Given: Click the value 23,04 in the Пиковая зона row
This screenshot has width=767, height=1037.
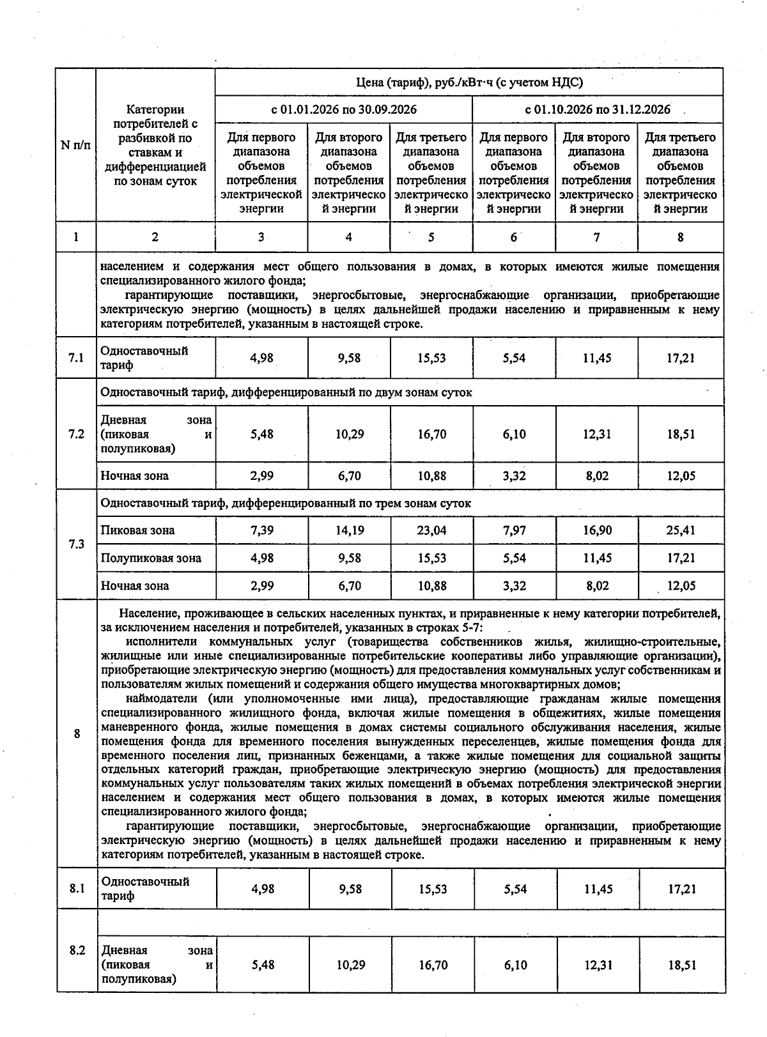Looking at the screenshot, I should [x=431, y=530].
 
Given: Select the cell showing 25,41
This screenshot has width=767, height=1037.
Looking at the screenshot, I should [x=680, y=530].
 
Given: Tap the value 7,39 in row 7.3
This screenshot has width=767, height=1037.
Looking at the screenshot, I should [x=261, y=530].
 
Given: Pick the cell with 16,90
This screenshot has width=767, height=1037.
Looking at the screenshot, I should [x=597, y=530].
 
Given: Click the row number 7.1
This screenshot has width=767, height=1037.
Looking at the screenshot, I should [x=76, y=358].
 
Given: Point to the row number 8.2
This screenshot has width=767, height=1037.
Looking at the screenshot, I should [x=77, y=950].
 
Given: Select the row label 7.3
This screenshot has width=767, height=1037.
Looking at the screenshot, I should [x=76, y=544].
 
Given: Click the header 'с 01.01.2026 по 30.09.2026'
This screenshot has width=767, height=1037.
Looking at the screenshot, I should [x=344, y=109].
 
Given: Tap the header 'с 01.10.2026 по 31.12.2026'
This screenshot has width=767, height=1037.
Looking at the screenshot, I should [x=598, y=109].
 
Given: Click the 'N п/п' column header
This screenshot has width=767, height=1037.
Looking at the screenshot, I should [x=75, y=145].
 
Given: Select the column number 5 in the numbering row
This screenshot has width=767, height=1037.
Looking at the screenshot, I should [x=431, y=237].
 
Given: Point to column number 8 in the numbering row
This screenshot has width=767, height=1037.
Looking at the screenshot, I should [x=680, y=237].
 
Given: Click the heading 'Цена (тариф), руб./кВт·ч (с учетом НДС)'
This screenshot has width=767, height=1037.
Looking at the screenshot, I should [x=469, y=82].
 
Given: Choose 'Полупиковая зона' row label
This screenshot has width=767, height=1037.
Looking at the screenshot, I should [x=151, y=558].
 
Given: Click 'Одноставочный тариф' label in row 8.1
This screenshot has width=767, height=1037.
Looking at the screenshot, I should [x=146, y=888].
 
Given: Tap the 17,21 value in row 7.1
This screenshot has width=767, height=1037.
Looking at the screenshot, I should [x=680, y=358].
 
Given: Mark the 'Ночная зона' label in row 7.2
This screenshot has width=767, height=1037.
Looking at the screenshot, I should [x=135, y=476].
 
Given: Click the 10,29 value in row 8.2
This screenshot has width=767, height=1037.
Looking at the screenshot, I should [x=350, y=965].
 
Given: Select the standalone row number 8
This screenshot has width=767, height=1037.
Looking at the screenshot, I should [x=77, y=734].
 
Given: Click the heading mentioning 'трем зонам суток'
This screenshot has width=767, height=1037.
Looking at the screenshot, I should [x=286, y=503].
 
